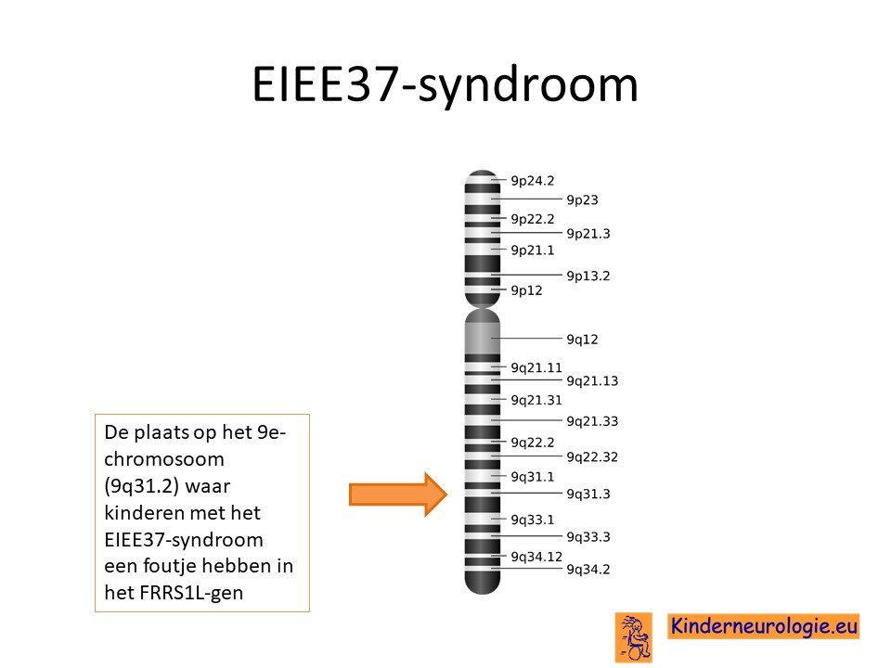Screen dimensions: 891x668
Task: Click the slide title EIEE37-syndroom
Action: click(445, 85)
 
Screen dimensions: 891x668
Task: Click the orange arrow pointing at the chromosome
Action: click(398, 495)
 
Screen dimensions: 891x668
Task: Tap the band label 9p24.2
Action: click(532, 181)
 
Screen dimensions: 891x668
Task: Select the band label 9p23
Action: click(583, 200)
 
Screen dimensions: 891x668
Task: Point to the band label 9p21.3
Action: click(588, 234)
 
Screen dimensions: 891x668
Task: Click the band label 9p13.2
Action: click(588, 276)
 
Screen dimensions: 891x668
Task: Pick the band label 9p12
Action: click(526, 290)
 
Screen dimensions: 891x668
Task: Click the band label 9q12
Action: click(583, 340)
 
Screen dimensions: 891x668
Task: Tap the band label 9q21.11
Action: click(536, 368)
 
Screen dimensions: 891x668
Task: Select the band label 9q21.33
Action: click(592, 421)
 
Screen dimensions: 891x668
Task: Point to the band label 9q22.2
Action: click(532, 443)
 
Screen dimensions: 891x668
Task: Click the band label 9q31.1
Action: click(532, 477)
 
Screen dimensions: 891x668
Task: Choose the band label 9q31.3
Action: click(588, 495)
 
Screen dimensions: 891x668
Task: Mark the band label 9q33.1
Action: click(532, 520)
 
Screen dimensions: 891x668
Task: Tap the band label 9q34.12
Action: click(536, 558)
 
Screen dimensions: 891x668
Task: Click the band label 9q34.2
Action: click(588, 570)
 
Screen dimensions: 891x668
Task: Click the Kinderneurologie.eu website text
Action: click(763, 626)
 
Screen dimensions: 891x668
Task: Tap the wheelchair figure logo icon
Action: click(634, 637)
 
